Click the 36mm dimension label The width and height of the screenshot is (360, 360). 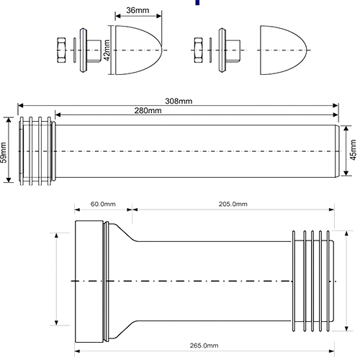[138, 10]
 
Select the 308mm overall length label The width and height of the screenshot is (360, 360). [179, 101]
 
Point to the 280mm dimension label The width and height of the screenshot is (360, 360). [148, 111]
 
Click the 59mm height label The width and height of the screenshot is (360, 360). [4, 153]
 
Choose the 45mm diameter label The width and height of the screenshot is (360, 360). [353, 150]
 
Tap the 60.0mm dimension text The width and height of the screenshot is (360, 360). [103, 204]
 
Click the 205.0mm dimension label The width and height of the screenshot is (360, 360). [233, 204]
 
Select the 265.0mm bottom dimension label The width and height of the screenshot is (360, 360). [204, 346]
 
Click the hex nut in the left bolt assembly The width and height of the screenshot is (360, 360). [61, 50]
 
